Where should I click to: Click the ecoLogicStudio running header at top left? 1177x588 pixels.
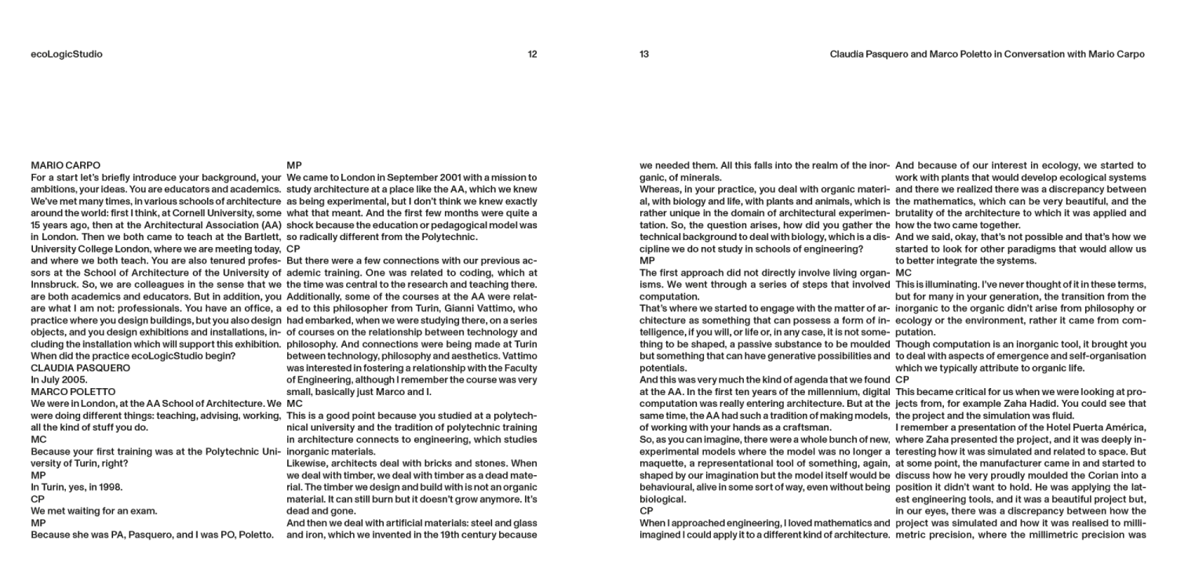tap(67, 55)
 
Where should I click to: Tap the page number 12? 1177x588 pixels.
tap(532, 55)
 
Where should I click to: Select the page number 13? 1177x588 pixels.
tap(644, 55)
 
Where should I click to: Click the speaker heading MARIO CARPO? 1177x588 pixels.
tap(65, 165)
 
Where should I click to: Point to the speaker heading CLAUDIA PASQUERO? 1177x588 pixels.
tap(80, 368)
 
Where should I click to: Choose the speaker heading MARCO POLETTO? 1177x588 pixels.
tap(73, 392)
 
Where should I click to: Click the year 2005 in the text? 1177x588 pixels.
tap(75, 380)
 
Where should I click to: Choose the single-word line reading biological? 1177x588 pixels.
tap(662, 499)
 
